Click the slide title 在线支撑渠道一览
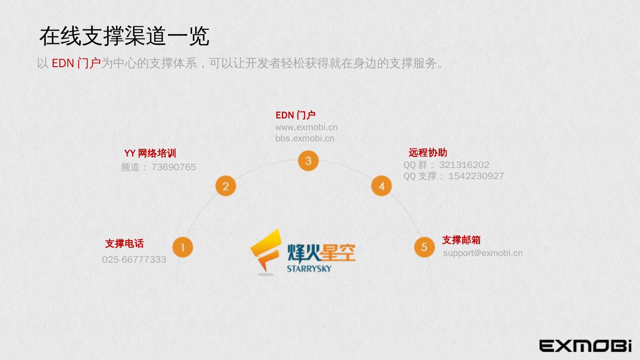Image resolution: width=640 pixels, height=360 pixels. coord(124,36)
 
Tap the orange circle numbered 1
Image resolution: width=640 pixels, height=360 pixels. coord(183,247)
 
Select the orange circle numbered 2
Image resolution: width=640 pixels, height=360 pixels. coord(225,186)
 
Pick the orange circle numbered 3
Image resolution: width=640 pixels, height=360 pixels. coord(308,161)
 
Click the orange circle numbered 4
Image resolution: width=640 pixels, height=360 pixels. coord(381,186)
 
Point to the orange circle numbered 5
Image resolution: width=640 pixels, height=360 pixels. coord(424,247)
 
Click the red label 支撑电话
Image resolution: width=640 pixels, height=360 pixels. coord(124,244)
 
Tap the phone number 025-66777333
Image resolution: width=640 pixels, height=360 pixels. coord(134,260)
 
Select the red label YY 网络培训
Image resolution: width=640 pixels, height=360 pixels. coord(150,153)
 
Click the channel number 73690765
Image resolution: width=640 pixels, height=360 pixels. coord(173,167)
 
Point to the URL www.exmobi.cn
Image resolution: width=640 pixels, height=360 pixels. coord(306,127)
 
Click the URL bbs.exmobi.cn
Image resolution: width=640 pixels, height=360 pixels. coord(304,138)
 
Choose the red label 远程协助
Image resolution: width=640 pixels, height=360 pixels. coord(428,152)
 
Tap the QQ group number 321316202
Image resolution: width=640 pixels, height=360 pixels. coord(464,165)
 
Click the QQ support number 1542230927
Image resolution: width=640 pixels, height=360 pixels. coord(476,176)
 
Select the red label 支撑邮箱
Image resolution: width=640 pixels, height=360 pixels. coord(461,240)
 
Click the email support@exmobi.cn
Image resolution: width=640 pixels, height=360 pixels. coord(483,253)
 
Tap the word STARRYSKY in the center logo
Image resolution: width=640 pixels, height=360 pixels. coord(309,268)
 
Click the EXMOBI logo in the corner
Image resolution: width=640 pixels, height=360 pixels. coord(585,346)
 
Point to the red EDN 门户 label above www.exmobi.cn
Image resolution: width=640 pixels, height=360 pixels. coord(296,115)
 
